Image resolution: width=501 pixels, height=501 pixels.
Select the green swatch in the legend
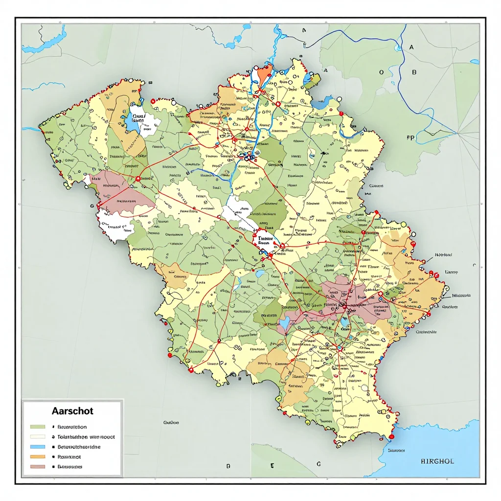coord(38,427)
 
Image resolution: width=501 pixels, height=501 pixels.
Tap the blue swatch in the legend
coord(38,447)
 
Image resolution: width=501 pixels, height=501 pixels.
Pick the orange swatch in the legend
coord(38,456)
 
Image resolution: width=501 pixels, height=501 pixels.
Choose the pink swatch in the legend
coord(38,467)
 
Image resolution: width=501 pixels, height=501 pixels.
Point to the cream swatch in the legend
coord(38,437)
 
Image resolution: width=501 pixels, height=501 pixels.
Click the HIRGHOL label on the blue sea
coord(437,461)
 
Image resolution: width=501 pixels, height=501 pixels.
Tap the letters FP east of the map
coord(410,138)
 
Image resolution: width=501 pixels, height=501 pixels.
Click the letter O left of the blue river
coord(381,72)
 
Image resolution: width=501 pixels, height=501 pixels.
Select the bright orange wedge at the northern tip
coord(264,73)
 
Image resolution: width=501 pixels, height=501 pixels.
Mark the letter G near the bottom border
coord(319,463)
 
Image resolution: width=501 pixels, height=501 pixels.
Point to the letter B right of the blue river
coord(414,72)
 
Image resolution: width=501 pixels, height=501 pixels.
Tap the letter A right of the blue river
coord(411,47)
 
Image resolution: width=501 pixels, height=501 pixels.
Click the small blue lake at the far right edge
coord(474,62)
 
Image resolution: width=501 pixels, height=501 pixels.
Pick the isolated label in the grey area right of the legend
coord(171,422)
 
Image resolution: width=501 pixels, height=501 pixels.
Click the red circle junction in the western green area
coord(138,179)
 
